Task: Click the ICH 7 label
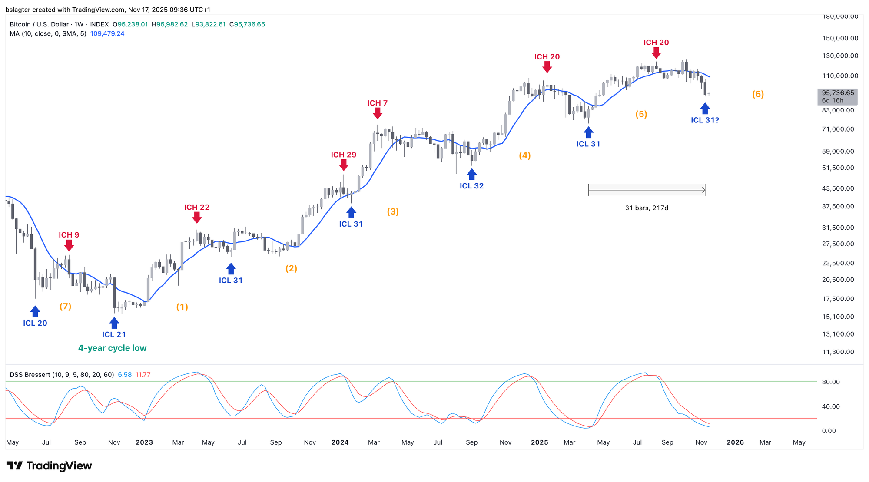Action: (377, 103)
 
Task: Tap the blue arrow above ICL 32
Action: (471, 175)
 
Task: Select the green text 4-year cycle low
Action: (112, 348)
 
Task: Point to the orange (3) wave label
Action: (393, 211)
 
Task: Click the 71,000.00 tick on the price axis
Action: (838, 129)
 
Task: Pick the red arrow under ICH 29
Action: (343, 165)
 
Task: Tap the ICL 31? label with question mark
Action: (705, 120)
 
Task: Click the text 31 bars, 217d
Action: (647, 208)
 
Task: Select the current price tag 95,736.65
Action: (837, 93)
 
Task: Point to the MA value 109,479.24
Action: (107, 33)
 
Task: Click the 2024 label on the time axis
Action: (340, 442)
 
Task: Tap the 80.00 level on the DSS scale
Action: (830, 382)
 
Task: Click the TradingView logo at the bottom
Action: (49, 466)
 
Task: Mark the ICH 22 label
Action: (196, 207)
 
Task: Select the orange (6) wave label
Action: (758, 94)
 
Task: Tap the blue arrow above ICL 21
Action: (114, 323)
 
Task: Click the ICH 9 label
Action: (69, 235)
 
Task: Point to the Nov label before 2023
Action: (114, 442)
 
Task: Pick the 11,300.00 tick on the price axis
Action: (838, 352)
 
